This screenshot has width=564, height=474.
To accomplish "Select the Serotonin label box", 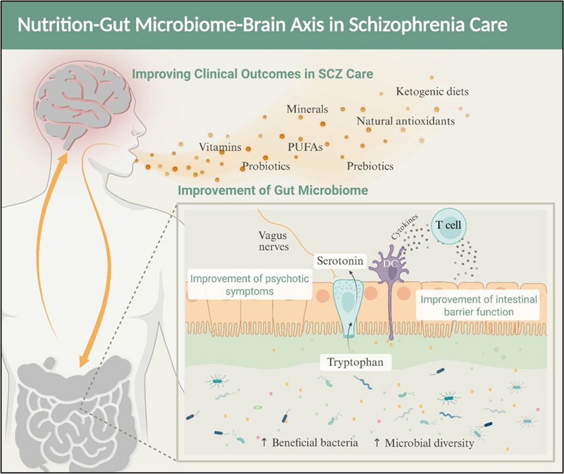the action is (x=340, y=261).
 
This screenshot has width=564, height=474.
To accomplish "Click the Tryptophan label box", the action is (x=355, y=362).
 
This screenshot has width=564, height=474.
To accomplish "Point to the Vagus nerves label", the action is (x=274, y=241).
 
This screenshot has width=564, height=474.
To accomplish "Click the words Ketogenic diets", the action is (x=432, y=92).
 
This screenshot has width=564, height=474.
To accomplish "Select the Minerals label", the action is (x=307, y=109).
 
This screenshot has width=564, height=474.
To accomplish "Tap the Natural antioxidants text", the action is (x=406, y=121).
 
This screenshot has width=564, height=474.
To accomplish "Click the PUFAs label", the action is (x=305, y=147).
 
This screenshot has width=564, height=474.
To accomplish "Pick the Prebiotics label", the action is (x=370, y=166).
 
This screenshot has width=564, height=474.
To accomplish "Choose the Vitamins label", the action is (x=220, y=147).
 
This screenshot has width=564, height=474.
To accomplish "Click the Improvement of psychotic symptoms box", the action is (x=250, y=285).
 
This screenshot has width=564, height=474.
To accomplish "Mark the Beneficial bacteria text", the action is (x=310, y=442).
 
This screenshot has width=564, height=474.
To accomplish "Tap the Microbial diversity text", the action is (x=424, y=443).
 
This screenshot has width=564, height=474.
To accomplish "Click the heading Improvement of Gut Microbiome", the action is (x=273, y=190).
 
